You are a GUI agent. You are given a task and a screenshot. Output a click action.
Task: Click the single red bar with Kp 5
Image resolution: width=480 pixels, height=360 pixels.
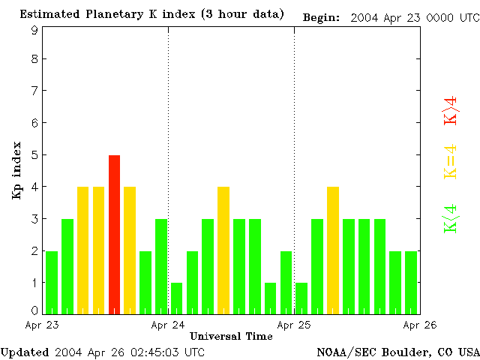click(x=114, y=234)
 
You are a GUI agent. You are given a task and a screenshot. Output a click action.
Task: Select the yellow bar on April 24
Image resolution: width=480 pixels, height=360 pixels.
click(x=223, y=250)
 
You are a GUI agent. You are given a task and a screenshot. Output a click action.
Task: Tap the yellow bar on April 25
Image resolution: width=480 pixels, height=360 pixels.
click(x=333, y=250)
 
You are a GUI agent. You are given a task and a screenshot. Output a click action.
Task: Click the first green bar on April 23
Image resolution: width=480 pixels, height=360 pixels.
click(x=52, y=282)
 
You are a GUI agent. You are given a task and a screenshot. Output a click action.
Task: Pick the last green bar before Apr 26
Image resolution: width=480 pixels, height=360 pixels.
click(x=411, y=282)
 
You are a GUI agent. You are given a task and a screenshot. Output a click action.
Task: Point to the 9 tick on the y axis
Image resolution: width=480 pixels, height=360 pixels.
click(x=34, y=31)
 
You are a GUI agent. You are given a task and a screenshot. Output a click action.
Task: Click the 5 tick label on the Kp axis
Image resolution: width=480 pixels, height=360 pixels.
click(x=34, y=155)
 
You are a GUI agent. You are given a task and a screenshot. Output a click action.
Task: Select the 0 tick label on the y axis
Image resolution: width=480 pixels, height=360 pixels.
click(x=34, y=310)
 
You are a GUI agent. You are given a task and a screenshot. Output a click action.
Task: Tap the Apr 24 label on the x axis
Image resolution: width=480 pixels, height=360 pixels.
click(x=168, y=325)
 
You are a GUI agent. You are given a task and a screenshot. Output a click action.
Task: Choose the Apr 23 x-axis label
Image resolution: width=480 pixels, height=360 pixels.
click(x=41, y=325)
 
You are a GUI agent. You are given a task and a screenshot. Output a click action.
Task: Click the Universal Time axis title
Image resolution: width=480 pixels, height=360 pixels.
click(x=231, y=336)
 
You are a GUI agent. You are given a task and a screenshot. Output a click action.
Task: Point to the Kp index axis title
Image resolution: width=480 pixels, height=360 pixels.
click(x=16, y=170)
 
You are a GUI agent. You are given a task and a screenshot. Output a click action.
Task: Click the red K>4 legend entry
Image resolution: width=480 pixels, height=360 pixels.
click(x=450, y=109)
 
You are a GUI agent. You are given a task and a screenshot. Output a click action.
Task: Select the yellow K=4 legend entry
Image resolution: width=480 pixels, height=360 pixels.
click(x=450, y=161)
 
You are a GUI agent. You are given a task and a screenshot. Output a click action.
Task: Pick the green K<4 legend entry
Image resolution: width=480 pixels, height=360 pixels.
click(x=450, y=219)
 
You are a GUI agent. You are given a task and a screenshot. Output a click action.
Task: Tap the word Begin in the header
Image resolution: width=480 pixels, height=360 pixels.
click(x=320, y=17)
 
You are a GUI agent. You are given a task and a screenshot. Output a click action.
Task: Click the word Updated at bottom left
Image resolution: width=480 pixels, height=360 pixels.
click(x=24, y=352)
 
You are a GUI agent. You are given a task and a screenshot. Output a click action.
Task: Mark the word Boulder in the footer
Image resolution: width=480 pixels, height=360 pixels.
click(x=406, y=352)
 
